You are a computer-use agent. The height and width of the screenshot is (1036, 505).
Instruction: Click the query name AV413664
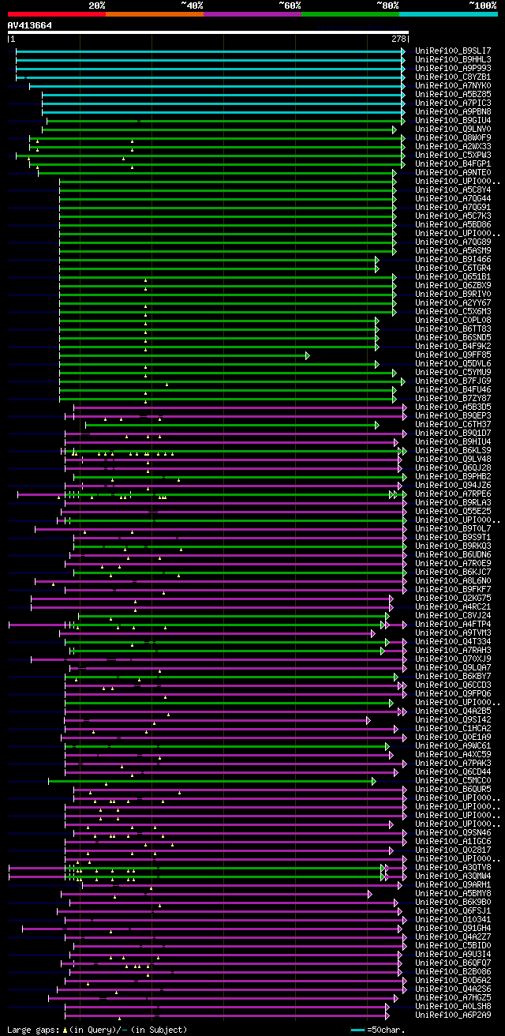[30, 25]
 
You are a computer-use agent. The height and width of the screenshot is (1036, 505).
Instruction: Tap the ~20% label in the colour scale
[97, 5]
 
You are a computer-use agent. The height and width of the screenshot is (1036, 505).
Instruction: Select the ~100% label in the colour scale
[483, 5]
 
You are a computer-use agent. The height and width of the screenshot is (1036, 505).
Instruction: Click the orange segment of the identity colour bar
[154, 13]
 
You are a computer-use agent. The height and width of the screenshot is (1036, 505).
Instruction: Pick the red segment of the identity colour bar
[56, 13]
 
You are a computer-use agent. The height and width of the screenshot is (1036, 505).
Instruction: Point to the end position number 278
[398, 39]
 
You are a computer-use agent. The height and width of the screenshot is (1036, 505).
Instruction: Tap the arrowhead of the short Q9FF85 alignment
[308, 355]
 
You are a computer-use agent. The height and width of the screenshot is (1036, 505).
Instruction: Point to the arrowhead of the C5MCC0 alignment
[374, 781]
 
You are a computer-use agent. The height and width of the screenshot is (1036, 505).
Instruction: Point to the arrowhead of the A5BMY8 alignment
[369, 894]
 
